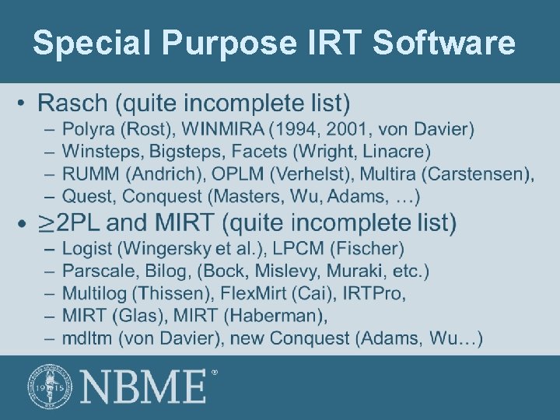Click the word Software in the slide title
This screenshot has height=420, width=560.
tap(444, 44)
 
